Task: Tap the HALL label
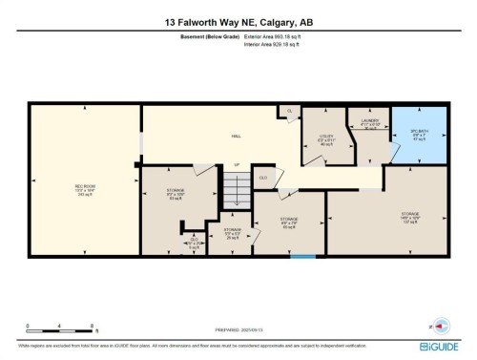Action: pos(236,137)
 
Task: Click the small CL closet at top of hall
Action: pos(291,112)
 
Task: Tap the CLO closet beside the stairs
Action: pos(262,178)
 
